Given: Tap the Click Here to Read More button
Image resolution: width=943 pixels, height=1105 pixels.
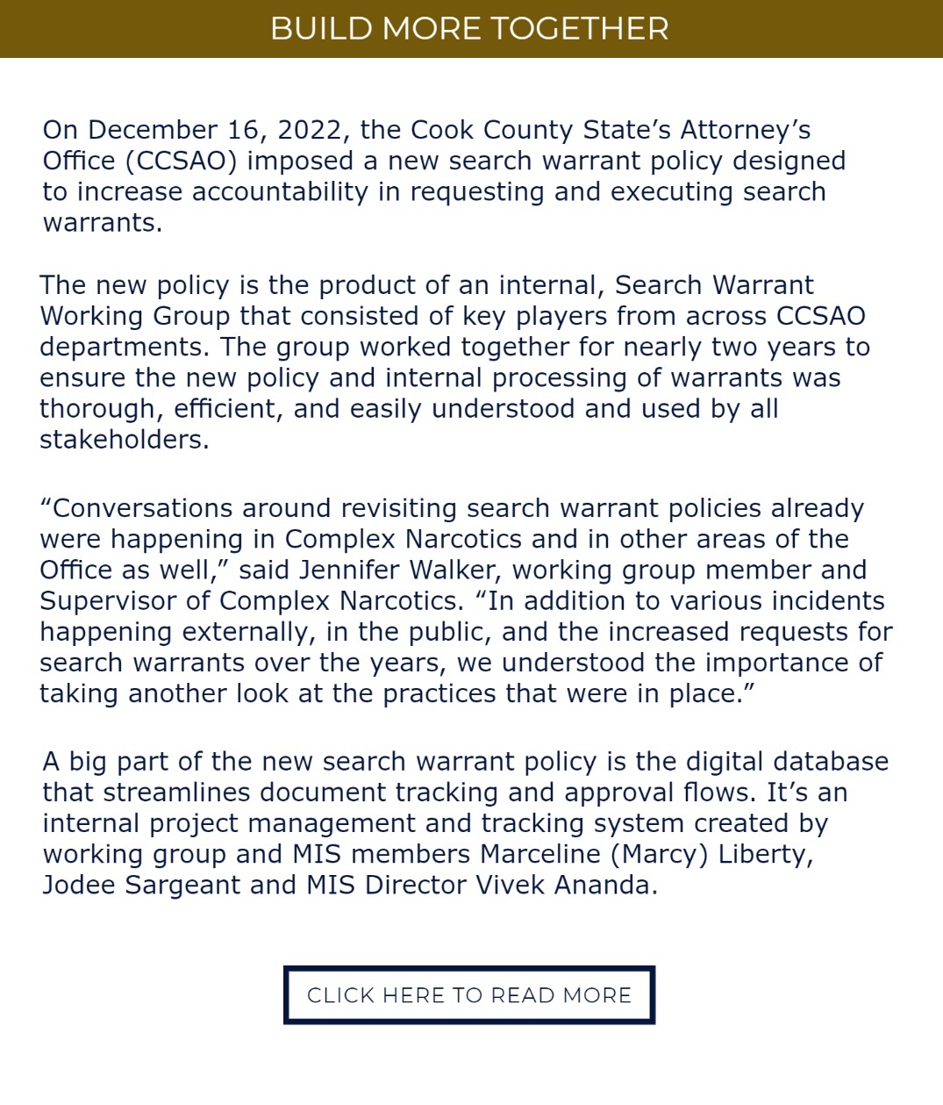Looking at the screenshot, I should (x=469, y=995).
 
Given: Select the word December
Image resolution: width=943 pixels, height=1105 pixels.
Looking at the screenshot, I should (x=153, y=130).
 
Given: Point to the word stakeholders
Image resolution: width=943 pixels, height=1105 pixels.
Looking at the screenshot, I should (x=124, y=440).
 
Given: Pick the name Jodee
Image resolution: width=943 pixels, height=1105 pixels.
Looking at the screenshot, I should (x=79, y=885).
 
